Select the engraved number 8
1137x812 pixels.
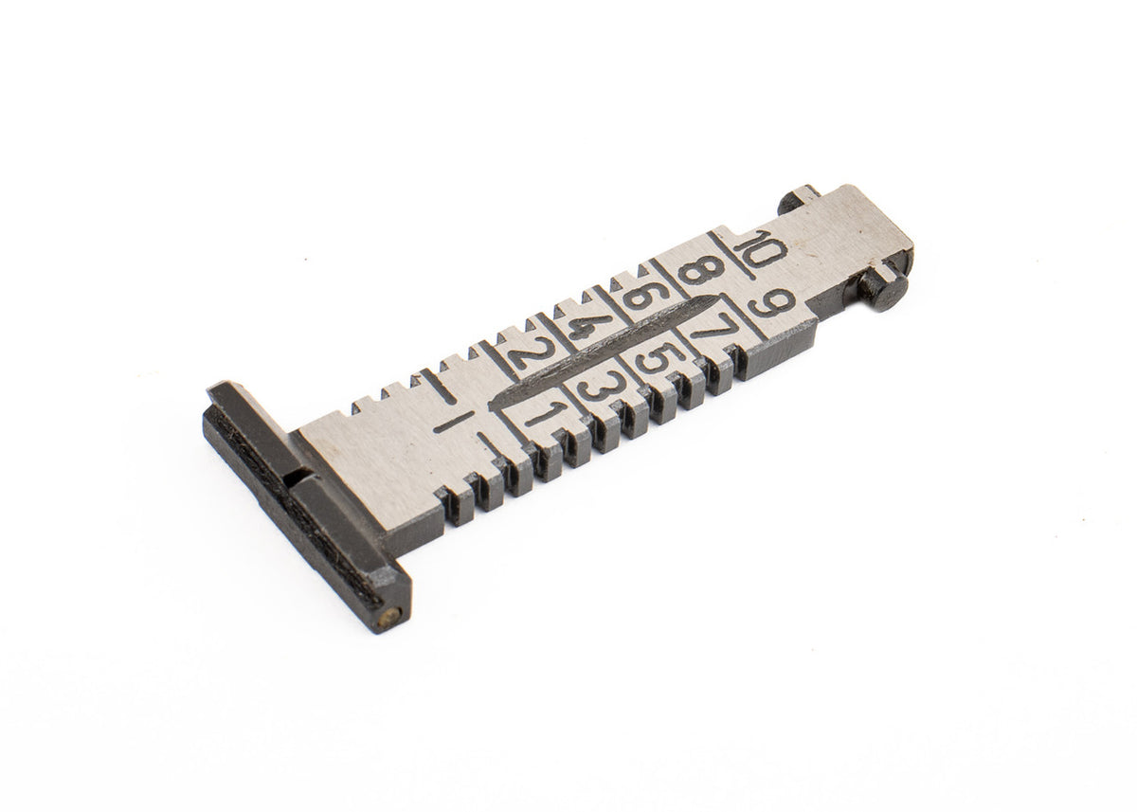click(701, 271)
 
